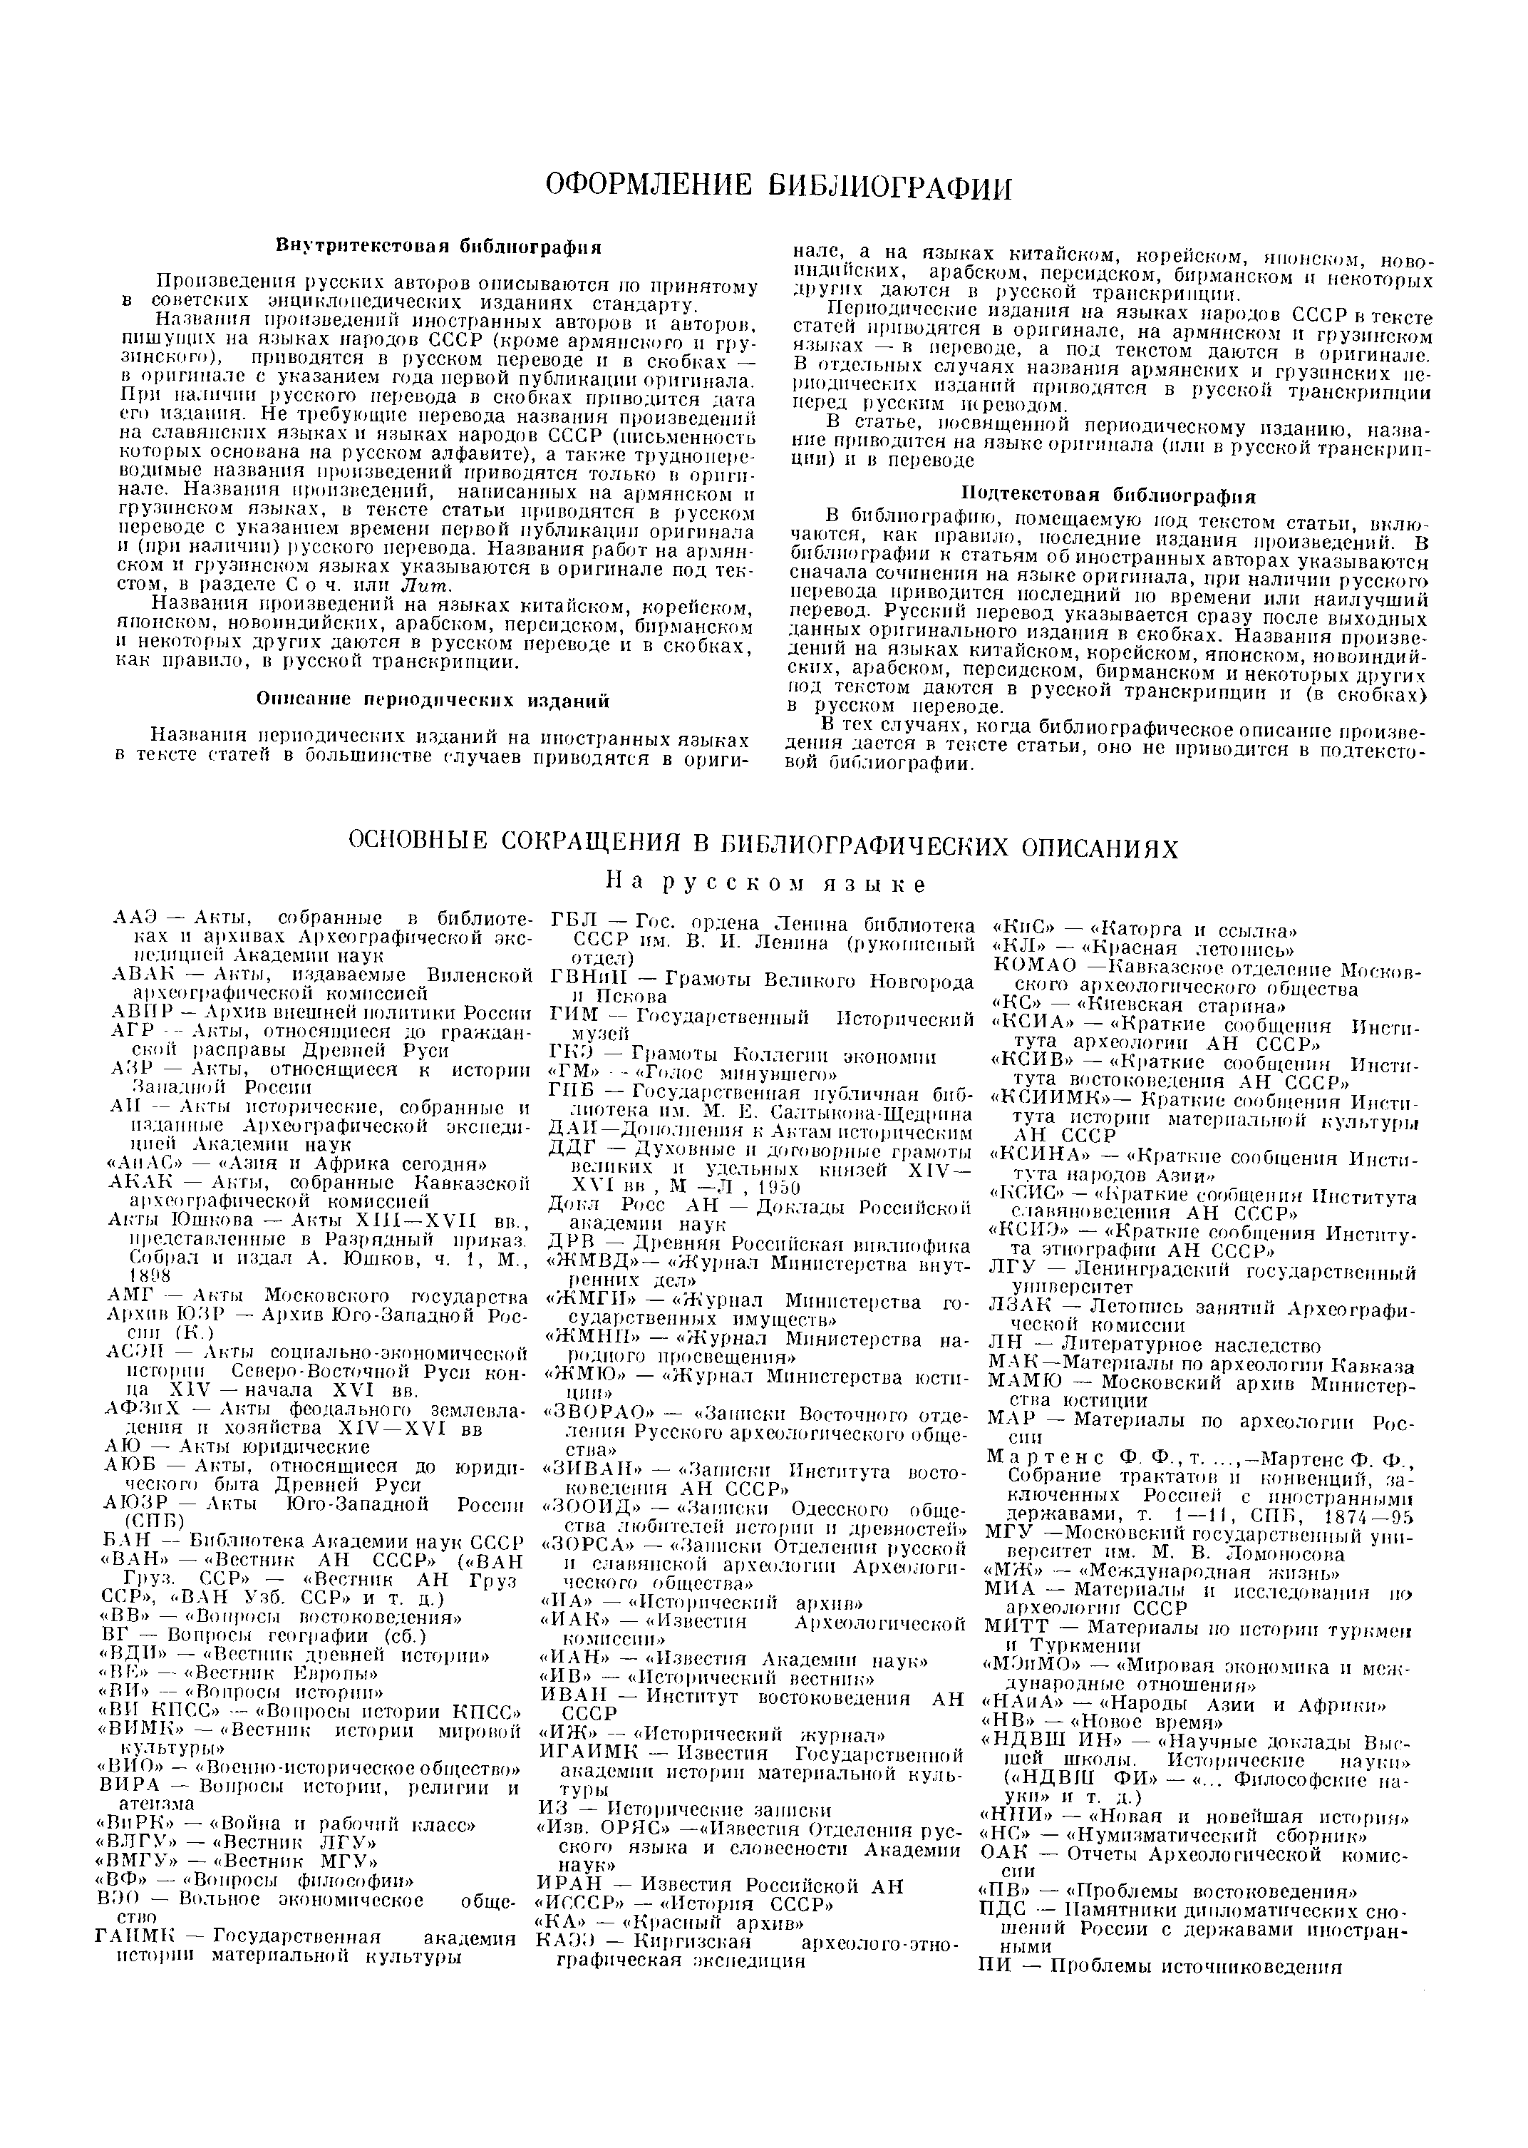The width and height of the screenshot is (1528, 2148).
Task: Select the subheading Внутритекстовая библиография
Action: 438,247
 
